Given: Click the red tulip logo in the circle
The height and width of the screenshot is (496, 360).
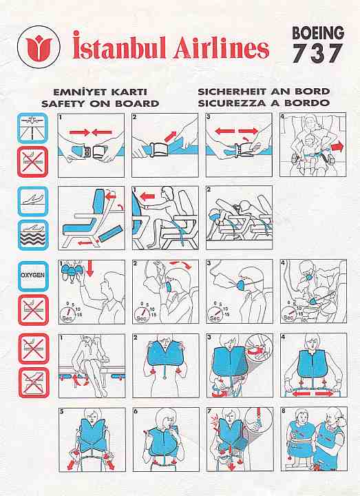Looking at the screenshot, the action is (x=39, y=47).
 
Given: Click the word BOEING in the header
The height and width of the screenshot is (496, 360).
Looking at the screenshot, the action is (x=318, y=33).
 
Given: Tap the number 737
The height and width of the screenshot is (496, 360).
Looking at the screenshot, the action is (x=317, y=53).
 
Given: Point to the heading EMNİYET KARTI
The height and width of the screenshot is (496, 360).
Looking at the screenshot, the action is (x=100, y=92).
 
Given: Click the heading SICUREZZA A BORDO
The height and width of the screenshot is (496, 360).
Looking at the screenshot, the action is (x=264, y=103).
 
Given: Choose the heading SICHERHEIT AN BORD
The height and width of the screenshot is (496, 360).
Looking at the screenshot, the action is (x=264, y=92).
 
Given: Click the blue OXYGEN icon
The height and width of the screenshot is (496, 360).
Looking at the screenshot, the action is (x=33, y=276).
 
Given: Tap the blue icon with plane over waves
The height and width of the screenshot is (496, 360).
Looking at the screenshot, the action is (x=33, y=235).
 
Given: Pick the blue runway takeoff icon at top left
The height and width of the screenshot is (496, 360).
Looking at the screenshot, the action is (x=33, y=127).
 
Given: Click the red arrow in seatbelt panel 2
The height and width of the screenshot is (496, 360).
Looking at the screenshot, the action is (x=170, y=136).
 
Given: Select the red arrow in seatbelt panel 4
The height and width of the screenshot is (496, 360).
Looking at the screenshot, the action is (x=337, y=147).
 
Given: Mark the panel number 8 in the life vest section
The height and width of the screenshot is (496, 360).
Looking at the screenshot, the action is (x=283, y=411).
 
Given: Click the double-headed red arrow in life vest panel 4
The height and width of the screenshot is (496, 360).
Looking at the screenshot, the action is (x=313, y=393).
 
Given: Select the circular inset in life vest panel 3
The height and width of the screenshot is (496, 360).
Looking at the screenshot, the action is (x=259, y=347).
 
